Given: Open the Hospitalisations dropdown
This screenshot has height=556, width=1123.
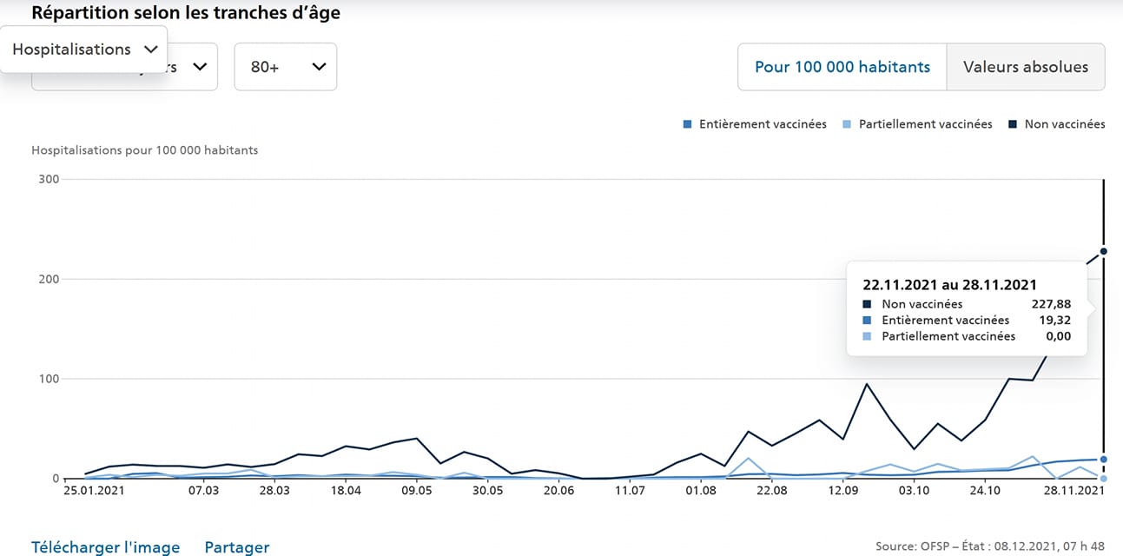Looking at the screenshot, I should pyautogui.click(x=84, y=50).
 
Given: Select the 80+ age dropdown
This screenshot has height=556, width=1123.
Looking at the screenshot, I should pyautogui.click(x=286, y=67).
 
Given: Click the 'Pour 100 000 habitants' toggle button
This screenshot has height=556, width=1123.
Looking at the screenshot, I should pyautogui.click(x=842, y=67).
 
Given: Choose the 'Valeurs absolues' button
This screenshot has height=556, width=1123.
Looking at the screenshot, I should pyautogui.click(x=1026, y=67).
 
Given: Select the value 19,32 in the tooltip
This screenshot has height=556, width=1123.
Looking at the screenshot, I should pyautogui.click(x=1055, y=321).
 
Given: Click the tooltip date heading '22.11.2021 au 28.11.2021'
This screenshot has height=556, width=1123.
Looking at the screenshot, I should pyautogui.click(x=949, y=284).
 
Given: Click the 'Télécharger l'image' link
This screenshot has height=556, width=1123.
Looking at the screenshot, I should pyautogui.click(x=106, y=547).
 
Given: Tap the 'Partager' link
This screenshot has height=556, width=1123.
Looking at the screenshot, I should pyautogui.click(x=237, y=547).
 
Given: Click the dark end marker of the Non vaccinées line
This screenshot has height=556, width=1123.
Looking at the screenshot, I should pyautogui.click(x=1103, y=251).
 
